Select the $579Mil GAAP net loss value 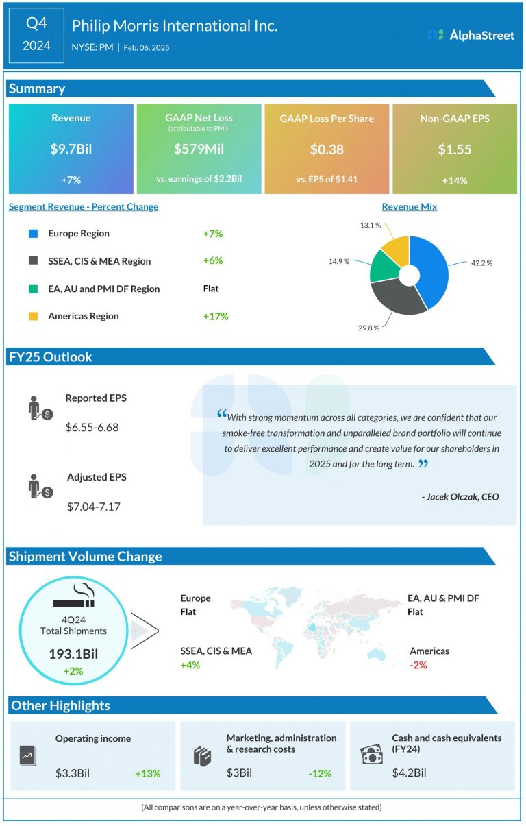pos(199,149)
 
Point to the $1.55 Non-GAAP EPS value pos(454,149)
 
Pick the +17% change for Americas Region pos(215,316)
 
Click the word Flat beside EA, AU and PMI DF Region pos(211,289)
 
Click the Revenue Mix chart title pos(410,207)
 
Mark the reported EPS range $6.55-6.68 pos(92,427)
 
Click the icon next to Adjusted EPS pos(40,486)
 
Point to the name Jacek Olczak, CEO pos(460,496)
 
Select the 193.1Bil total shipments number pos(73,654)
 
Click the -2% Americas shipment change pos(418,665)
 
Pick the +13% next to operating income pos(147,773)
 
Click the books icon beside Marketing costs pos(203,756)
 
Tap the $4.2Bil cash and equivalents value pos(410,773)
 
